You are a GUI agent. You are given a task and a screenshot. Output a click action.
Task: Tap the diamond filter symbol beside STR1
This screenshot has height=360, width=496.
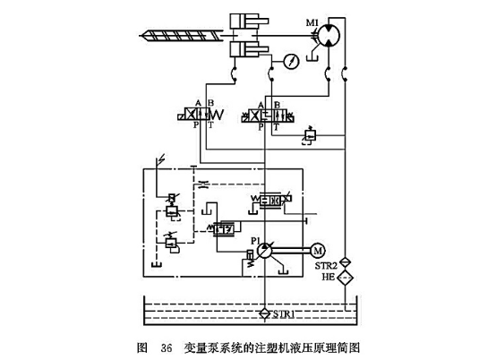coord(264,313)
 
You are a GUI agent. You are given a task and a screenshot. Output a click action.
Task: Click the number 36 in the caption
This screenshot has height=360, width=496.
coord(166,346)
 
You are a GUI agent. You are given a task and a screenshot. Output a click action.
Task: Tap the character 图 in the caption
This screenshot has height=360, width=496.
coord(141,346)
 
